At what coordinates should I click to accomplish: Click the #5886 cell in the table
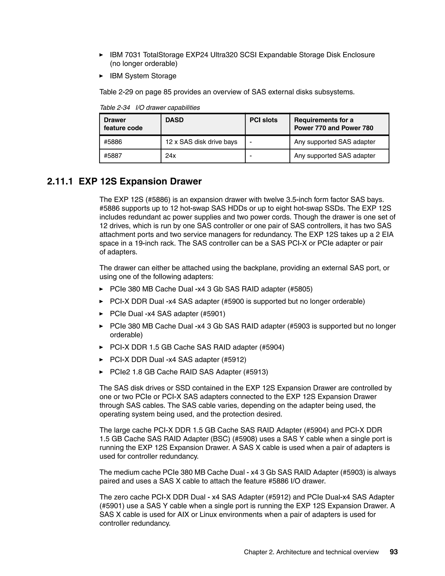point(113,142)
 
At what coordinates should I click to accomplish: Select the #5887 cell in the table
point(113,156)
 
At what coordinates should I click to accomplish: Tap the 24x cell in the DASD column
point(170,156)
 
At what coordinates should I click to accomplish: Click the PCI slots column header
point(263,120)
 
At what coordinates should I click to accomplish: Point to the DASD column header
point(174,120)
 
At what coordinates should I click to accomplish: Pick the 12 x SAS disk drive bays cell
point(201,142)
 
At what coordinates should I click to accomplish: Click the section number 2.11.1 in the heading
point(60,181)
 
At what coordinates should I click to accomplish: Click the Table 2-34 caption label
point(115,108)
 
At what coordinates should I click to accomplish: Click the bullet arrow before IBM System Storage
point(101,76)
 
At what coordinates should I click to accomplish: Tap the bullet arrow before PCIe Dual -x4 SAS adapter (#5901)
point(101,314)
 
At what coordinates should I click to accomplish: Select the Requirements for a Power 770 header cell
point(334,124)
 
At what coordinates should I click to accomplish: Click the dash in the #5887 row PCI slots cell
point(251,156)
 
